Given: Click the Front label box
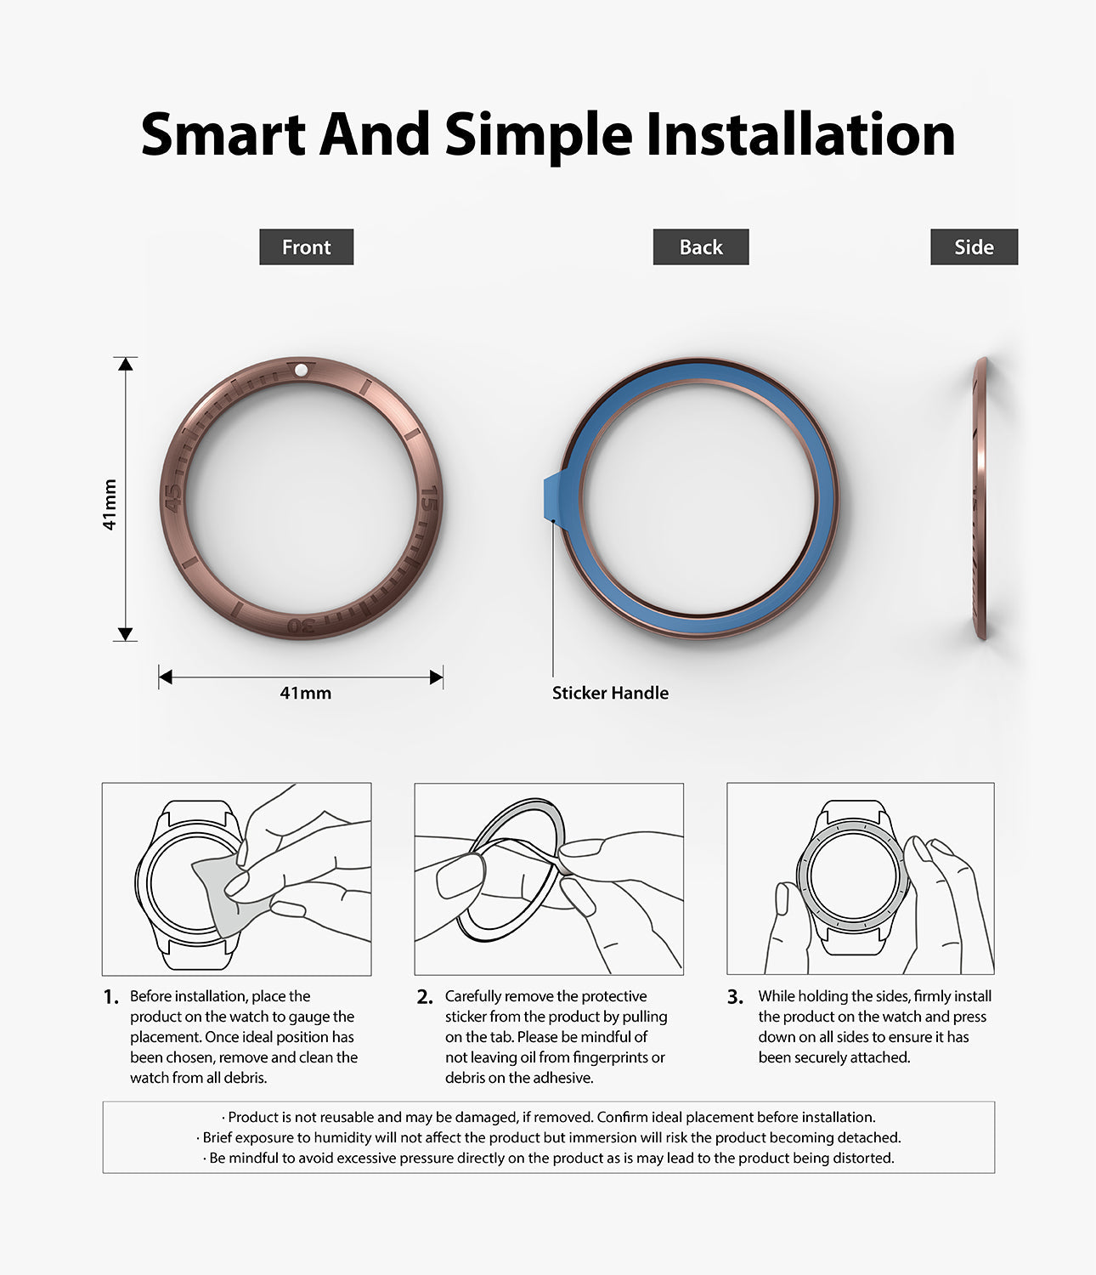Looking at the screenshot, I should coord(306,247).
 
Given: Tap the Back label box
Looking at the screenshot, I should coord(701,247).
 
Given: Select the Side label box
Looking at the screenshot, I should coord(974,247).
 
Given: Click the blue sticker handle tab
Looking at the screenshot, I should coord(551,498).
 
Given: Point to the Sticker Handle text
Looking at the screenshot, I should coord(610,693).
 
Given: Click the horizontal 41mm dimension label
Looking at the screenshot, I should coord(305,693).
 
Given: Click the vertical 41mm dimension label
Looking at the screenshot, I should coord(110,505).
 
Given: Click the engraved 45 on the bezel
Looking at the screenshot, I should coord(172,498).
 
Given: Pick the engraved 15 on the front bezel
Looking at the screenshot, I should coord(430,498).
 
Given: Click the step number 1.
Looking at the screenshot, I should coord(110,997).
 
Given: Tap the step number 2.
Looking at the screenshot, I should coord(425,997).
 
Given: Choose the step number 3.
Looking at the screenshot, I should coord(735,997).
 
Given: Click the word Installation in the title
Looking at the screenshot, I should coord(800,134).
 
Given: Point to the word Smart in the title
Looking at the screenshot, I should coord(223,134).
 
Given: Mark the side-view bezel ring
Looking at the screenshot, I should coord(981,498).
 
